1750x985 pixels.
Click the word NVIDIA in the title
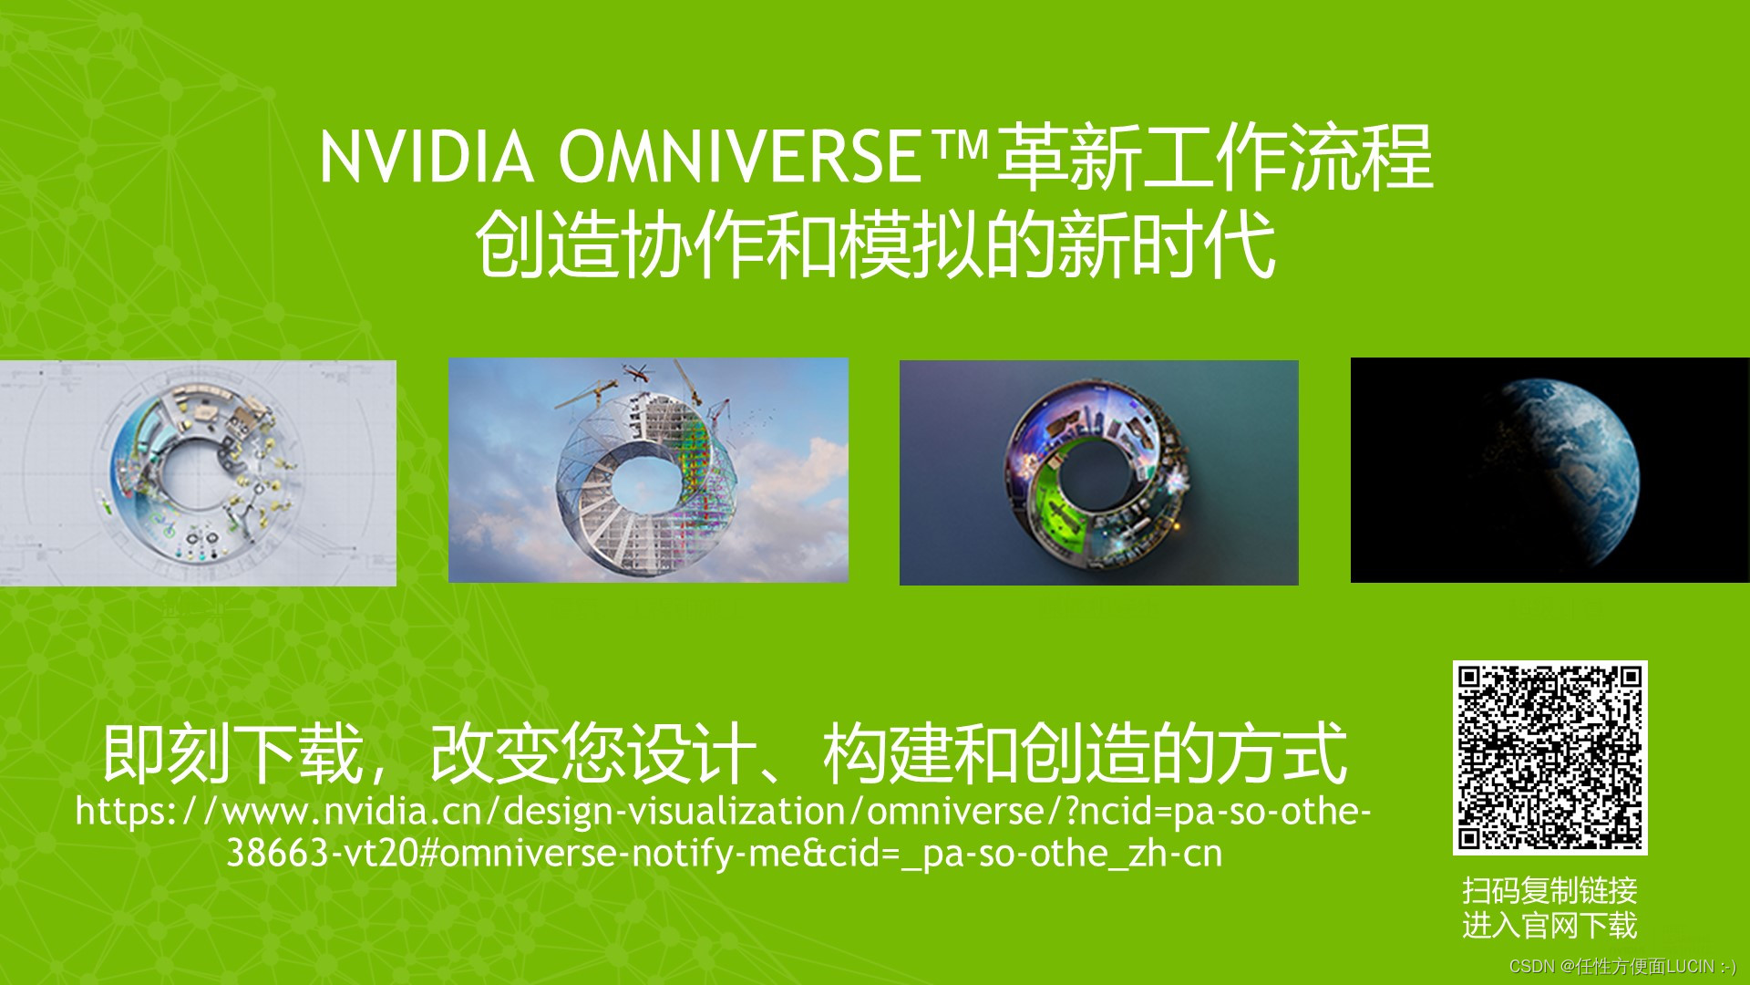click(x=427, y=157)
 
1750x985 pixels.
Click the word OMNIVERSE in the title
click(x=740, y=157)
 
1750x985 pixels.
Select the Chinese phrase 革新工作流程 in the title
click(x=1215, y=158)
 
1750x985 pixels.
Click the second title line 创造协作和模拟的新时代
click(x=875, y=244)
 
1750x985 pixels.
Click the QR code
click(x=1549, y=758)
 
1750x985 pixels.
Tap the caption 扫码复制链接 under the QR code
click(x=1549, y=890)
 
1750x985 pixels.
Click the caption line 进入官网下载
click(x=1549, y=926)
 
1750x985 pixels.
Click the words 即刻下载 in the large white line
click(x=234, y=753)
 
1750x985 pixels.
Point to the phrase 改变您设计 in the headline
click(x=593, y=753)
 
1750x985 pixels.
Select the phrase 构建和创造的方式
click(x=1086, y=753)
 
